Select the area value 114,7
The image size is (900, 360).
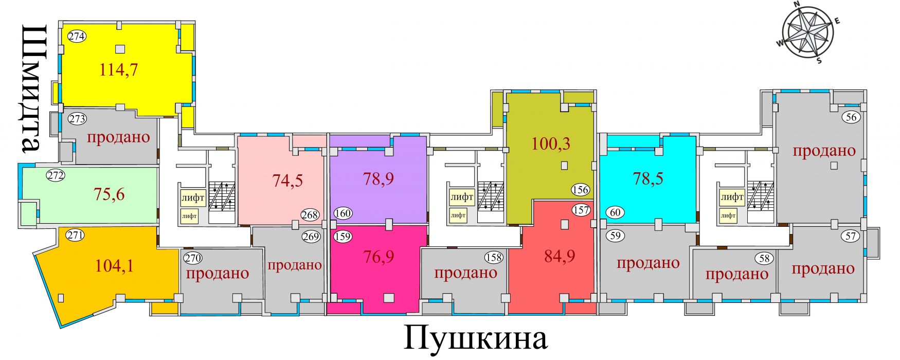point(119,69)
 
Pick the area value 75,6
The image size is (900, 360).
point(109,194)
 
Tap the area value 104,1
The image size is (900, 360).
point(114,265)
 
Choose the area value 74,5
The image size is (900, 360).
point(287,180)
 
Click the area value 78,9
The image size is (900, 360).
point(379,178)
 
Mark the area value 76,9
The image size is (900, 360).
point(379,256)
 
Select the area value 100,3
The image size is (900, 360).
point(551,143)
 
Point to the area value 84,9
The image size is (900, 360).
point(560,256)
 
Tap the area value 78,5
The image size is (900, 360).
point(647,178)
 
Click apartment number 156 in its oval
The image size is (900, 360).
point(580,190)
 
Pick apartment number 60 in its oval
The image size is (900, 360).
point(616,212)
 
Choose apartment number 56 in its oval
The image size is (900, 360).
point(852,117)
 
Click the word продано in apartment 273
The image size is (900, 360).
point(119,137)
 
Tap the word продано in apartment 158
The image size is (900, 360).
point(465,272)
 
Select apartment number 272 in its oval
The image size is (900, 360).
point(56,175)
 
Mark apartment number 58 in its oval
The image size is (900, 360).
point(764,258)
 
